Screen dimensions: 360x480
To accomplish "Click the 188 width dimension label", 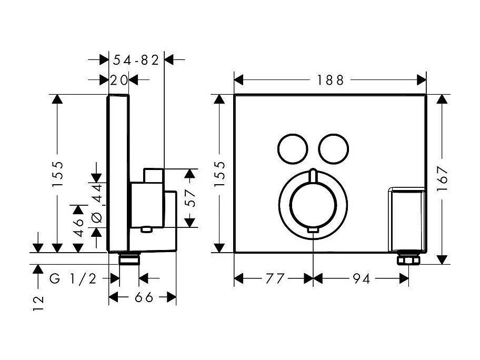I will (x=331, y=80).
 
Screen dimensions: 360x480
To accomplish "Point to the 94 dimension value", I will (x=361, y=279).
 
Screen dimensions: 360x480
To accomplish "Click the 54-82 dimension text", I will (x=136, y=60).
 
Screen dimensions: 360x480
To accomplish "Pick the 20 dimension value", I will (x=119, y=80).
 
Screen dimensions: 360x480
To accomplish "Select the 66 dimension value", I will (x=143, y=298).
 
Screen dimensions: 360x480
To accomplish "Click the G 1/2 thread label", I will (x=73, y=279).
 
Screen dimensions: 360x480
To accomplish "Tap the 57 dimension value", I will (x=191, y=198).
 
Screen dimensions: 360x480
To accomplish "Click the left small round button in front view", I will (x=291, y=148).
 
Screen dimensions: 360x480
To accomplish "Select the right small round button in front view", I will (x=333, y=148).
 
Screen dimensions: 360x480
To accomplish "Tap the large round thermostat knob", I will (x=313, y=204).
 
